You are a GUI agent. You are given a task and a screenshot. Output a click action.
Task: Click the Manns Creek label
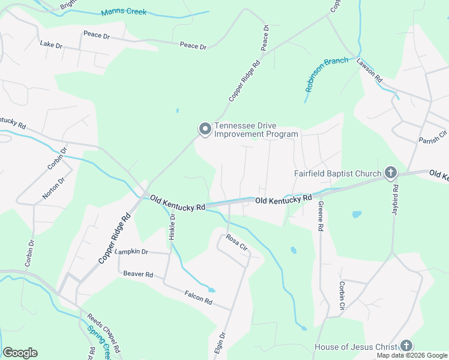[124, 12]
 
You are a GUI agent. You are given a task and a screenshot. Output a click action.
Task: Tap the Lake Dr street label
[51, 44]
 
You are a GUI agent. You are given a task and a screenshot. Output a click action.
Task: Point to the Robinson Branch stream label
[326, 74]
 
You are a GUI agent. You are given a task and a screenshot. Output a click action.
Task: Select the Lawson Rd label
[369, 70]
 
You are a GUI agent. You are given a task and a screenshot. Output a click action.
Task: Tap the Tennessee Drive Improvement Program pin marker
[205, 129]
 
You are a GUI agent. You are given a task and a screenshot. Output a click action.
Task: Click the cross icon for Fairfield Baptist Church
[390, 174]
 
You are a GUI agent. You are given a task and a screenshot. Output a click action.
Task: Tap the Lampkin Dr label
[131, 251]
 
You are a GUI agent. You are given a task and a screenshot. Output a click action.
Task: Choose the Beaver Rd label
[138, 274]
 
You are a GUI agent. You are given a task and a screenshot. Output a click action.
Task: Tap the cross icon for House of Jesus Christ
[406, 346]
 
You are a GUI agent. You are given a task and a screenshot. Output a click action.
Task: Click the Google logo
[20, 353]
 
